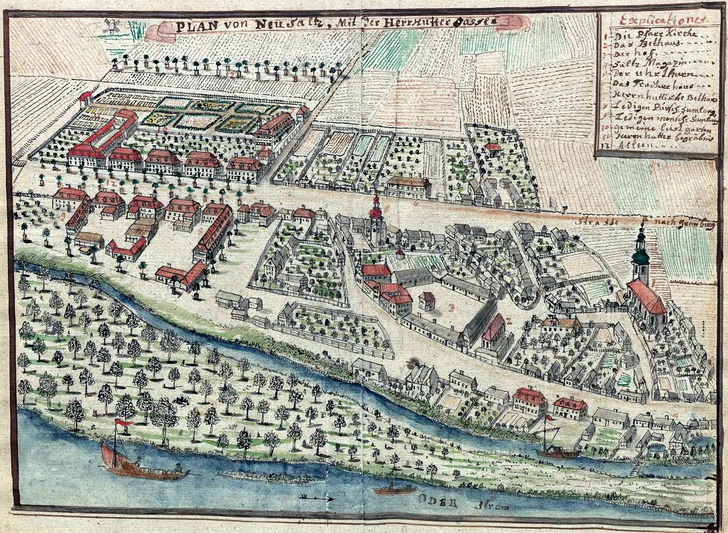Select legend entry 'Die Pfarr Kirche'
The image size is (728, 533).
tap(640, 36)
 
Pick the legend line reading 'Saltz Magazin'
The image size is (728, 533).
tap(640, 65)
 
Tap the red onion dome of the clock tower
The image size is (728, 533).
tap(375, 211)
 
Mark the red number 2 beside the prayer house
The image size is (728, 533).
tap(508, 321)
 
